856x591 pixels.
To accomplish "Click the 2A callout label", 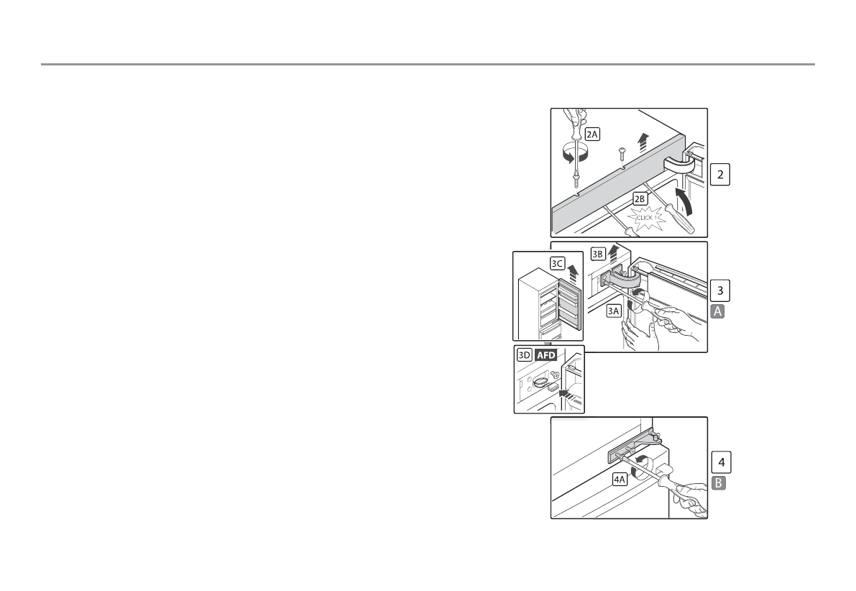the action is (x=592, y=134).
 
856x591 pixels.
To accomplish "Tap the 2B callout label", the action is (x=640, y=197).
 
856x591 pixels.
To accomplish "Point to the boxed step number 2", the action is (x=721, y=175).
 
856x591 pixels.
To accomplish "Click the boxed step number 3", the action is (x=721, y=290).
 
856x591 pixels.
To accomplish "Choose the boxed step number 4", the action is (x=721, y=461).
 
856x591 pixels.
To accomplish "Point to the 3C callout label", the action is (x=557, y=263).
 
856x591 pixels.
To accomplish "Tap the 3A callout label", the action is (x=613, y=311).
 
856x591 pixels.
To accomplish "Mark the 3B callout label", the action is (x=598, y=254).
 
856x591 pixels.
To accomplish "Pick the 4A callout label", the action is (x=620, y=477).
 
